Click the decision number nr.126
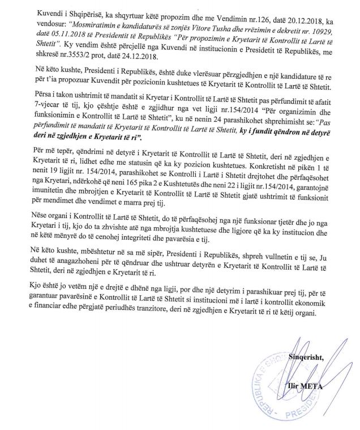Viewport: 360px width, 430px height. (205, 11)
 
